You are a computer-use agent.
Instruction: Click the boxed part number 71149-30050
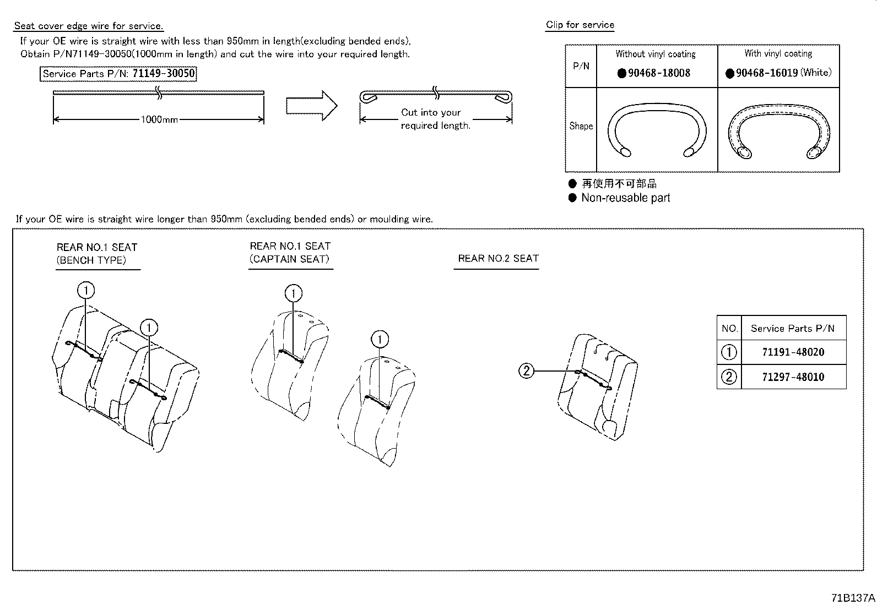(x=164, y=74)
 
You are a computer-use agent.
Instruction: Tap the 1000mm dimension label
(x=159, y=119)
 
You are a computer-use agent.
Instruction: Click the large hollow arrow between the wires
(x=311, y=105)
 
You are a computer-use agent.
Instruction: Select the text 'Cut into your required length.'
(x=435, y=119)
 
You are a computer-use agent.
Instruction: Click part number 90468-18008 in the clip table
(x=659, y=73)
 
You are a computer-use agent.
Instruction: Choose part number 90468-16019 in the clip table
(x=767, y=73)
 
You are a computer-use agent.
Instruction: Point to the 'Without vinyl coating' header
(x=656, y=54)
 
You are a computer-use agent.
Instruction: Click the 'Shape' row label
(x=581, y=126)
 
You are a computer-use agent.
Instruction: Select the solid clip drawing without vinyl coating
(x=657, y=130)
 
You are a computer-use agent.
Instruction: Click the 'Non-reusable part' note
(x=625, y=198)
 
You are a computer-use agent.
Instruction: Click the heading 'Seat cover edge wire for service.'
(x=89, y=26)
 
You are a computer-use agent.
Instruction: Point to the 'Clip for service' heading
(x=580, y=25)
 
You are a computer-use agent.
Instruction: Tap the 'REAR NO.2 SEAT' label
(x=498, y=258)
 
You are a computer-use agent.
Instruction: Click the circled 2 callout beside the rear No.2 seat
(x=527, y=371)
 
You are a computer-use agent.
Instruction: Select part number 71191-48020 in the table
(x=793, y=352)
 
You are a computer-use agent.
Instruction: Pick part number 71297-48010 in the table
(x=793, y=377)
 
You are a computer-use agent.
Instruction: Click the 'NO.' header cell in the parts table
(x=729, y=329)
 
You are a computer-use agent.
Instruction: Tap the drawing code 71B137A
(x=853, y=598)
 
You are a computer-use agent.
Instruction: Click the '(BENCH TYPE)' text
(x=91, y=260)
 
